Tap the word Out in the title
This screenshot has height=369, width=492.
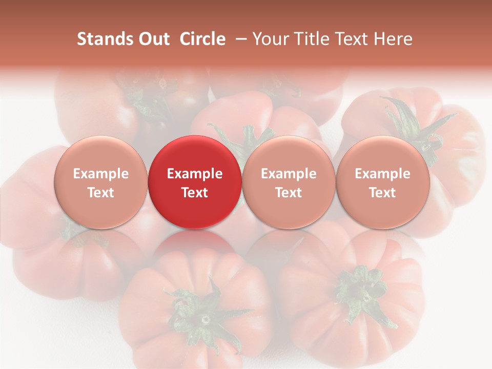(x=152, y=39)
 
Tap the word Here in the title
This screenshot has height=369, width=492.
(x=393, y=39)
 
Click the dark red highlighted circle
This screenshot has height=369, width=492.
(x=195, y=182)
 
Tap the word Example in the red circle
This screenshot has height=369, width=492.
(x=195, y=174)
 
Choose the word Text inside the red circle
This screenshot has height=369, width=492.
(x=195, y=193)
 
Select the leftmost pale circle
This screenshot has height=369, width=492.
(x=101, y=182)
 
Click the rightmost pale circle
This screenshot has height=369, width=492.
(x=383, y=182)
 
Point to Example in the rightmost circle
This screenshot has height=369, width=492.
(x=383, y=174)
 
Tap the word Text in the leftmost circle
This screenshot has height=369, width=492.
(x=101, y=193)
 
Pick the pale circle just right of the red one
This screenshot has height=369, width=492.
(x=289, y=182)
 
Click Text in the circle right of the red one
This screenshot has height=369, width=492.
(x=289, y=193)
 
